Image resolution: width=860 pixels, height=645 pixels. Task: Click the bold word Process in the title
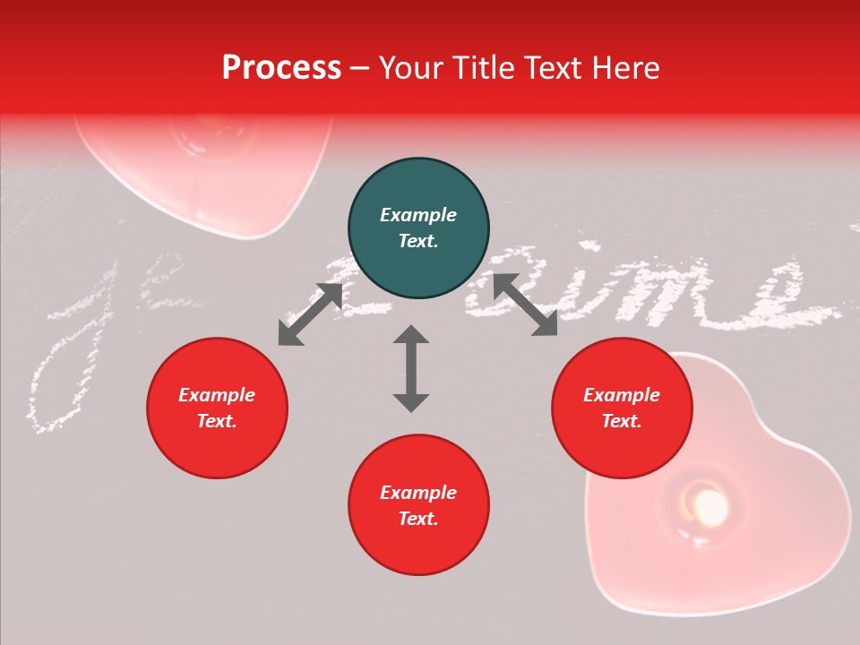coord(281,68)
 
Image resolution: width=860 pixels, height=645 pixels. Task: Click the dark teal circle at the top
coord(418,228)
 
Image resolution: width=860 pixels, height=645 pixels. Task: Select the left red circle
coord(217,408)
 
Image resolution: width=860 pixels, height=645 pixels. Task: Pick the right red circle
coord(622,408)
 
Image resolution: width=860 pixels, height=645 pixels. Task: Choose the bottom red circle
coord(418,505)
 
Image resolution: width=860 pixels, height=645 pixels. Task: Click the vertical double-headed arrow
coord(411,368)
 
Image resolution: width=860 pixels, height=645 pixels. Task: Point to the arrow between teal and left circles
coord(310,314)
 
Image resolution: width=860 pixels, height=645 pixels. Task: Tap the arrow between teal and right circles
coord(525,305)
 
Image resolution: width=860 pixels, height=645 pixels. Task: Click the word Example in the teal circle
coord(418,215)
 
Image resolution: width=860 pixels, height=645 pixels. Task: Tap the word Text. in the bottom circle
coord(418,519)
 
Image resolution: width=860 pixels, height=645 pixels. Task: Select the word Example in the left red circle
coord(217,395)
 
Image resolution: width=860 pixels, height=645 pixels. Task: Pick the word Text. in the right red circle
coord(622,421)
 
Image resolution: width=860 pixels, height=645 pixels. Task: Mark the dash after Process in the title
coord(360,69)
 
